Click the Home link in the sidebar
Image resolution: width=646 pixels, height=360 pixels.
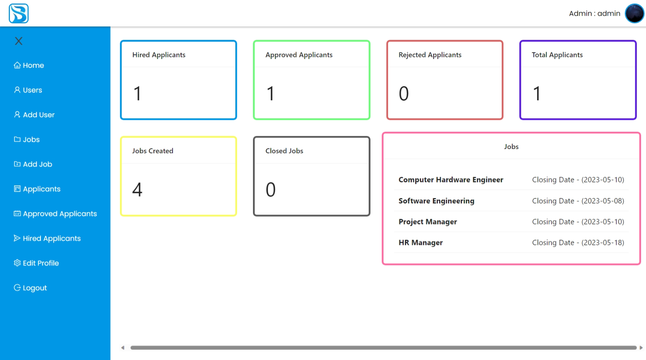(x=29, y=65)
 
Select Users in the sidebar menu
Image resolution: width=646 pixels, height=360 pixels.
(x=28, y=90)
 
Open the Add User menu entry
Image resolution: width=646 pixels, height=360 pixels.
(x=34, y=115)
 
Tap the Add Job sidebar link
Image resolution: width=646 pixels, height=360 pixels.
(x=33, y=164)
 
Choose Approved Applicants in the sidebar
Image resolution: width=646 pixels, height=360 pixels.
(x=55, y=214)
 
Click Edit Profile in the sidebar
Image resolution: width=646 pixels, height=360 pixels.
(x=37, y=263)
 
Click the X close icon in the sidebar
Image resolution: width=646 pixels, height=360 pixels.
(x=19, y=41)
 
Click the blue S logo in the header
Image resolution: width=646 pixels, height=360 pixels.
(x=19, y=13)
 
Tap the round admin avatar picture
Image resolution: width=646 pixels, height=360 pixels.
(x=634, y=13)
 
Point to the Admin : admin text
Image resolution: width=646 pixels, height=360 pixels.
(x=594, y=13)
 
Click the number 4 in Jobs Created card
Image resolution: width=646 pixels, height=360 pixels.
(x=137, y=190)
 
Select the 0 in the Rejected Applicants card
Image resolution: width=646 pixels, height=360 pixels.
(x=404, y=94)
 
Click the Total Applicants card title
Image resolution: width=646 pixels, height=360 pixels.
(x=557, y=55)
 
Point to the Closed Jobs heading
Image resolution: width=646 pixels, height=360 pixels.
(x=284, y=151)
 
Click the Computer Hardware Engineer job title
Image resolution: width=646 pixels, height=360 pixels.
(x=450, y=180)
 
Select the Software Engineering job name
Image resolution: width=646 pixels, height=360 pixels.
(x=436, y=201)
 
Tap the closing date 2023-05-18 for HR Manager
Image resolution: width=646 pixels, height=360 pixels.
(x=578, y=242)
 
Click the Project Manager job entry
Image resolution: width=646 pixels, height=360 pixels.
(x=427, y=222)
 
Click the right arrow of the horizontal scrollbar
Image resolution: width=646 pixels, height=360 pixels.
(x=641, y=348)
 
